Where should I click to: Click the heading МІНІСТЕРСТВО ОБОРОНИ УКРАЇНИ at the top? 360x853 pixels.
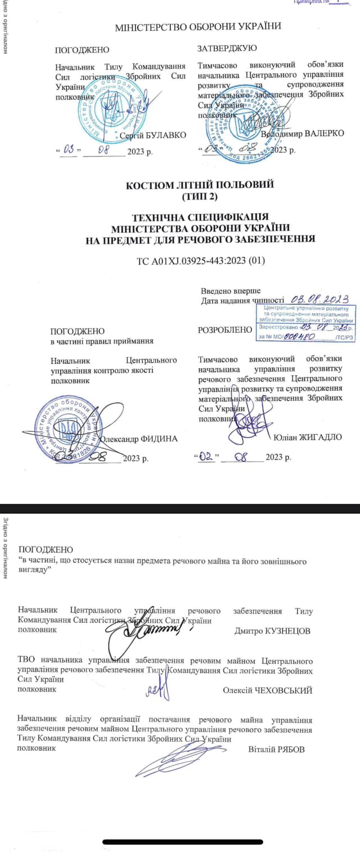[x=197, y=26]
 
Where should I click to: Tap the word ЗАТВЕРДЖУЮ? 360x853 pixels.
[x=227, y=49]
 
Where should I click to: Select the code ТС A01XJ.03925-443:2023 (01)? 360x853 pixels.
[x=201, y=260]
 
